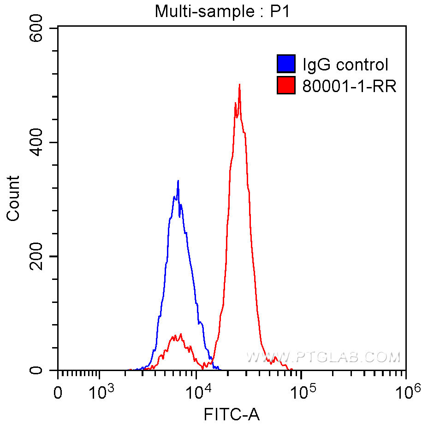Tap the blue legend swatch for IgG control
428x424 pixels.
[286, 64]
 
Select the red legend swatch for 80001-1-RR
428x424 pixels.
[286, 85]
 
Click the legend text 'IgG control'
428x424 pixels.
[345, 64]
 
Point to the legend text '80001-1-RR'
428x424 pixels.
[349, 86]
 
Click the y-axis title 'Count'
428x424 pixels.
[13, 198]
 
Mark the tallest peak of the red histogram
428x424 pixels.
[239, 85]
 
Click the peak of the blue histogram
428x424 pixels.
[178, 181]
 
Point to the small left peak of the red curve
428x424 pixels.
[180, 334]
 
